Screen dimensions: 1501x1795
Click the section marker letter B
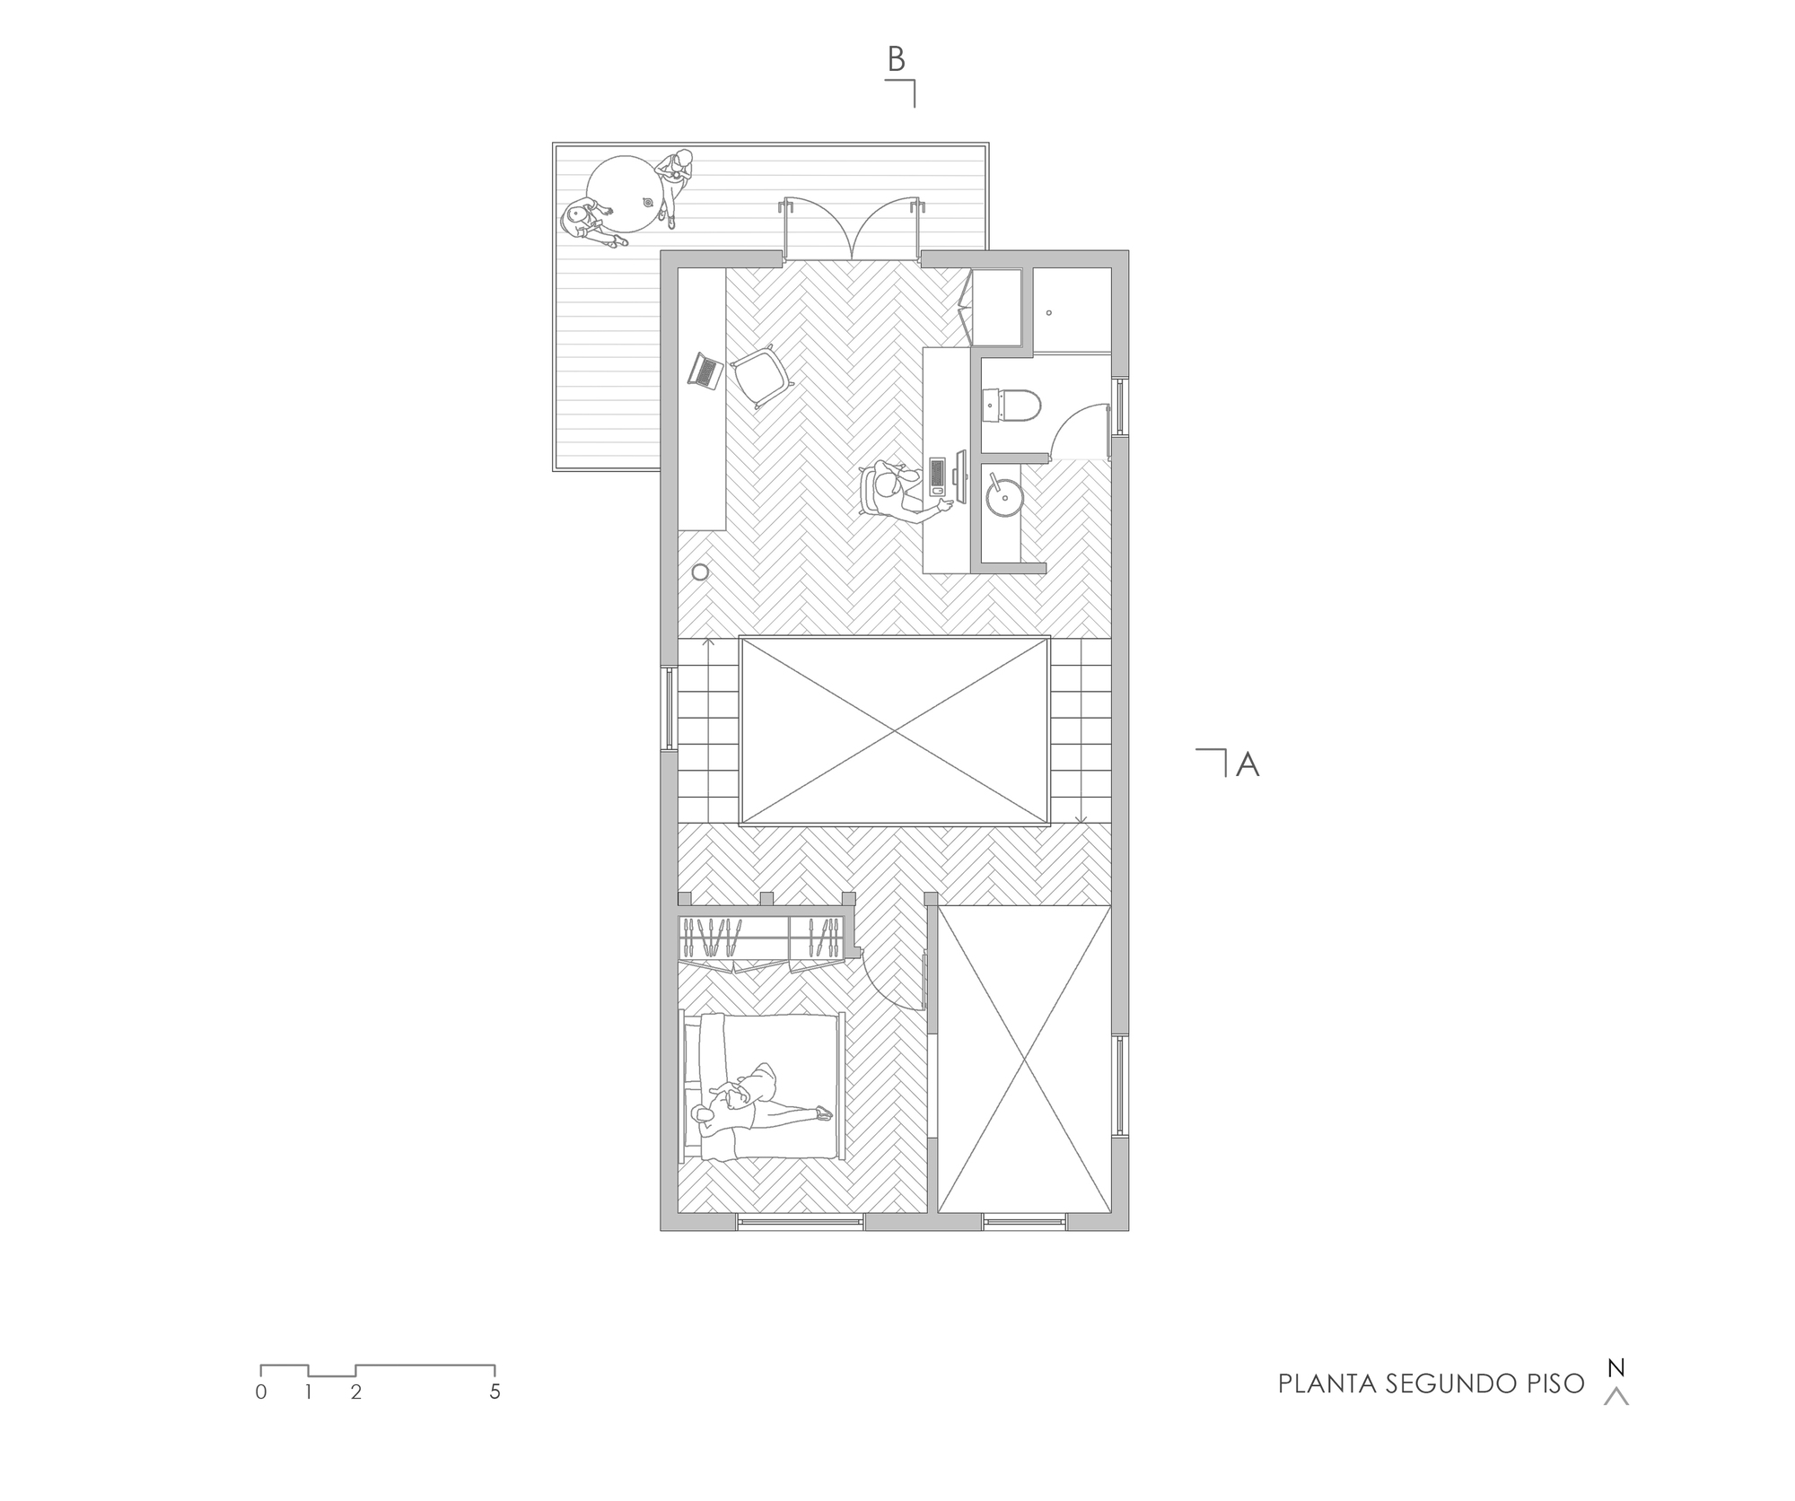pos(896,59)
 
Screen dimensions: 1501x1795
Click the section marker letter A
pos(1248,764)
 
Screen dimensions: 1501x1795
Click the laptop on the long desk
pos(706,371)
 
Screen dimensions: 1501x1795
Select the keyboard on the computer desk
pos(937,476)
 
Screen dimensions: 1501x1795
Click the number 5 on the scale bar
pos(495,1392)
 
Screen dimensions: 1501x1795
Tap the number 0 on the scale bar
pos(261,1392)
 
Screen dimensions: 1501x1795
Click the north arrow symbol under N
pos(1615,1396)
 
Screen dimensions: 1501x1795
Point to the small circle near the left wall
pos(700,572)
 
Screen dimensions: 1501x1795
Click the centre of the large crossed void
pos(895,731)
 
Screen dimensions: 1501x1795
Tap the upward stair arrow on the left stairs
pos(708,642)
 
